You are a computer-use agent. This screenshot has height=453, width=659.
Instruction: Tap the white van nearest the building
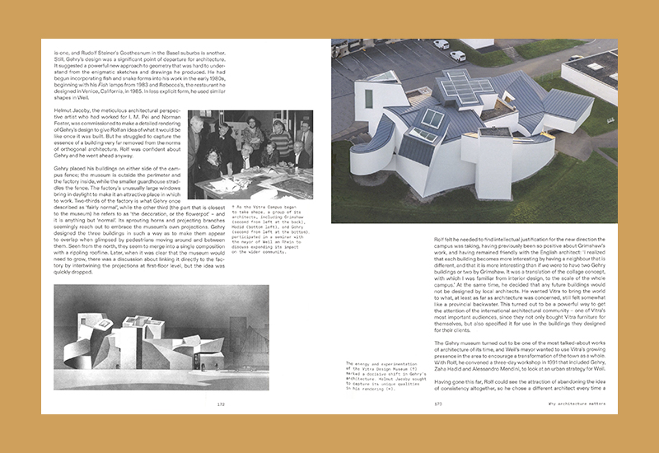click(458, 56)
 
